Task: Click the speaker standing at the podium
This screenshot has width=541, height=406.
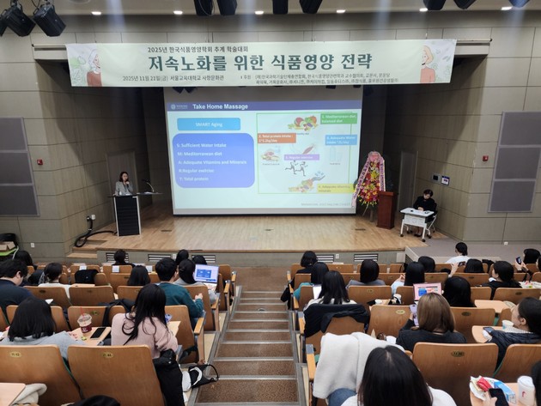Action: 125,184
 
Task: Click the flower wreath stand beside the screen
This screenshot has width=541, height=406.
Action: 370,181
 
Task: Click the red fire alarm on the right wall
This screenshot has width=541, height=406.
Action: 485,158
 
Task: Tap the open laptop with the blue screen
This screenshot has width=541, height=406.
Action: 206,274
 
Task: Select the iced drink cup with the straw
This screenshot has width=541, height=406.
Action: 84,324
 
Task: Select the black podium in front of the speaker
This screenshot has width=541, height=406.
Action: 127,215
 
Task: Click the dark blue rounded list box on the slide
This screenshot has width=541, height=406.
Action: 213,160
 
